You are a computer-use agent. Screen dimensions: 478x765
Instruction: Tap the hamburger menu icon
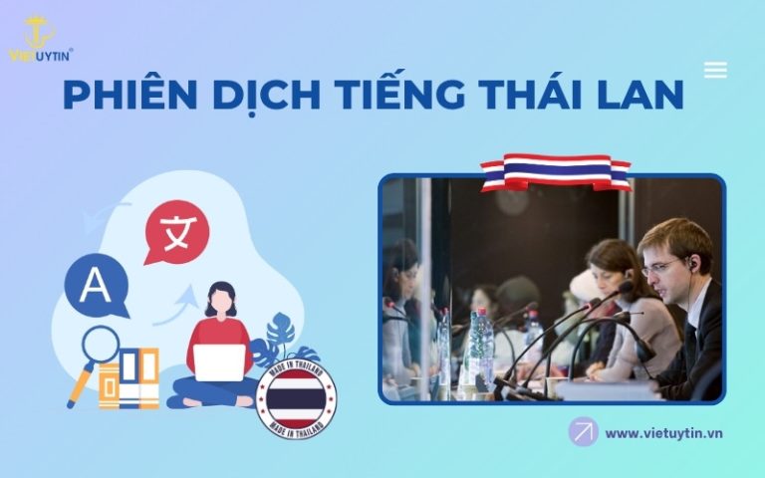point(714,70)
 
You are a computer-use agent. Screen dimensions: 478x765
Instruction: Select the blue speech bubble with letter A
point(96,285)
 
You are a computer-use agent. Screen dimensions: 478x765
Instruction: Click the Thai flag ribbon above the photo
point(555,171)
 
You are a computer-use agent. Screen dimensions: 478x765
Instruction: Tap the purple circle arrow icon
point(583,431)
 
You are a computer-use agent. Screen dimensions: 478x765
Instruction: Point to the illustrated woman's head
point(220,299)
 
